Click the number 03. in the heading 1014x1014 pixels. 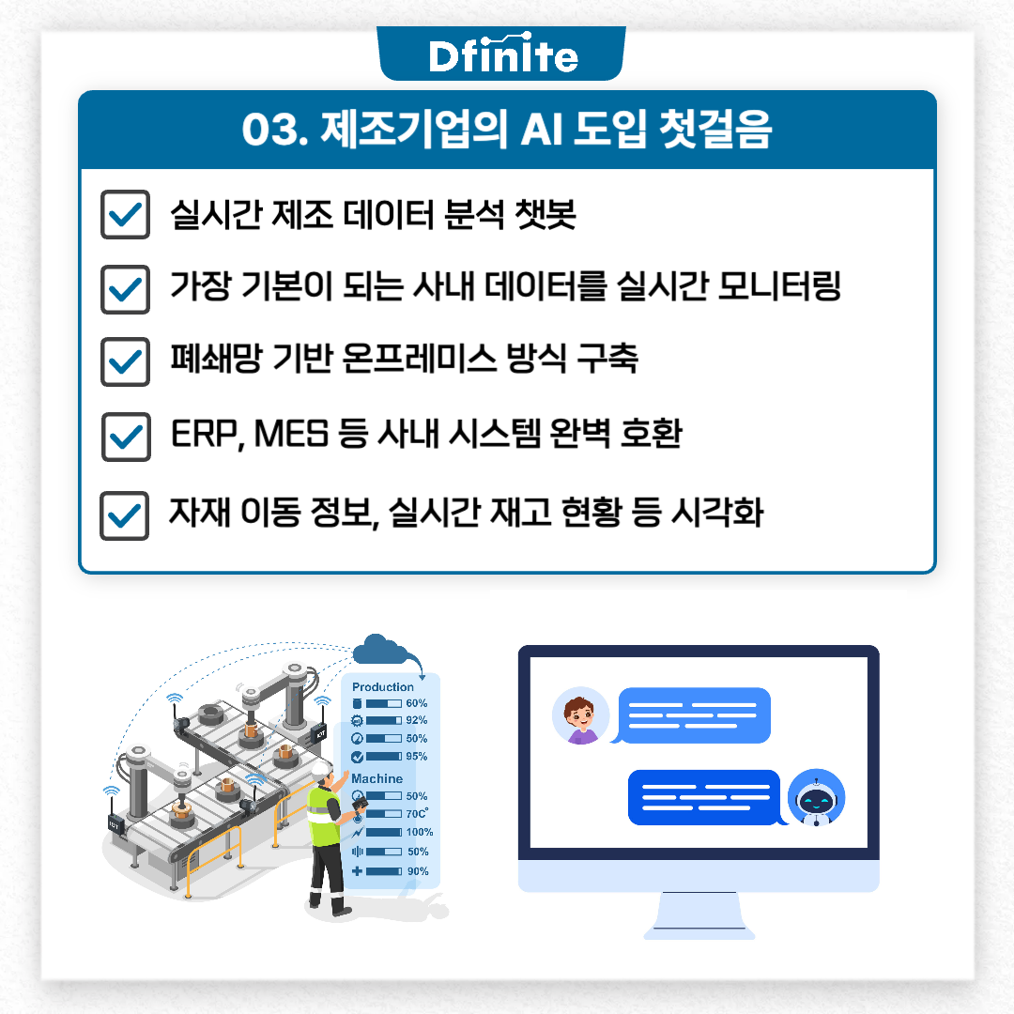(x=274, y=130)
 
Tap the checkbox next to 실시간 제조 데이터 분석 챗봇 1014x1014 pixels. (x=126, y=214)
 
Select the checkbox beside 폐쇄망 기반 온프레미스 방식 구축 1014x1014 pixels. (x=126, y=361)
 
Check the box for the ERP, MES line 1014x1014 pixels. (x=126, y=437)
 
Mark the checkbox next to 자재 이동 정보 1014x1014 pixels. (x=124, y=515)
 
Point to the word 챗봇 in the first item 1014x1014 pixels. (x=545, y=213)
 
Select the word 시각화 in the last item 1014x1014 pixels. (x=717, y=513)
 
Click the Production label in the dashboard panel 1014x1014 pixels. (x=383, y=686)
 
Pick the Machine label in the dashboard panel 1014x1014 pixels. (x=377, y=778)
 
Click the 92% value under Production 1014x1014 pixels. (x=417, y=720)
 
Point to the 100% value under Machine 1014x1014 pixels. (x=420, y=832)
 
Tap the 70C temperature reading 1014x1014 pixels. (x=417, y=813)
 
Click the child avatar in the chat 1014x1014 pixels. (x=581, y=715)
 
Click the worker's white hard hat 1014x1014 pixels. (x=321, y=769)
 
